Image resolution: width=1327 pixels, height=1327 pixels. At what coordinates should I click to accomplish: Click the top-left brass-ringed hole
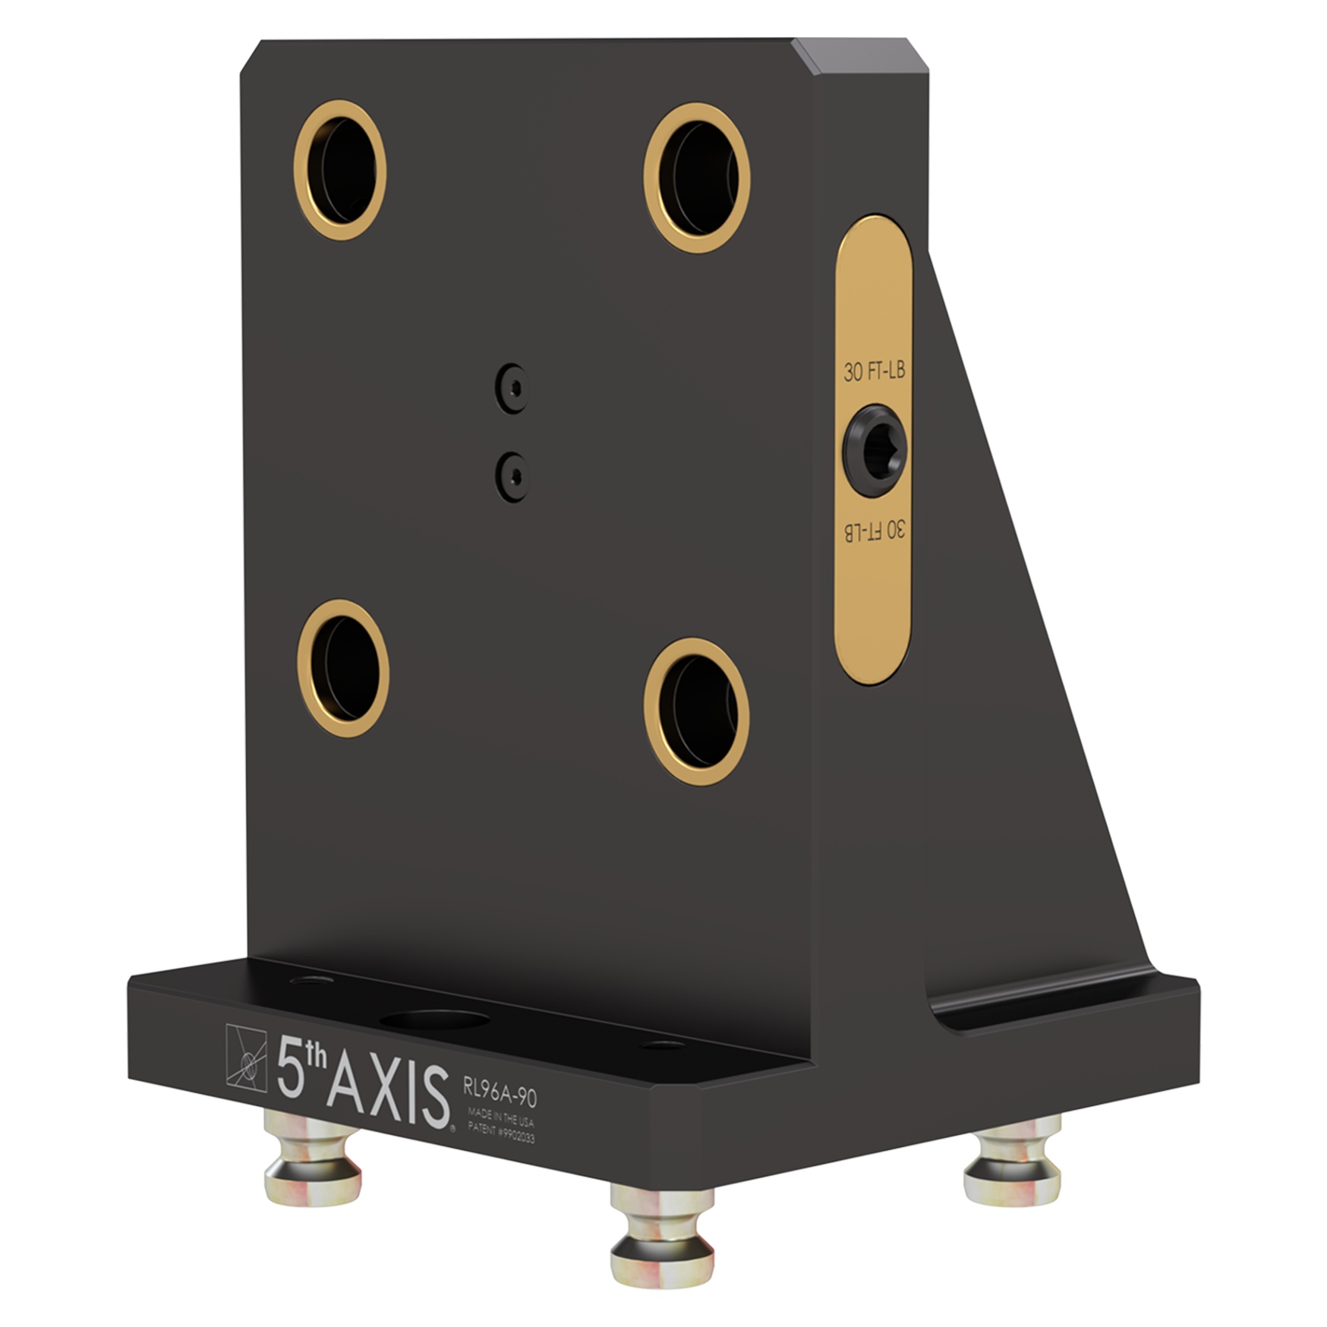[340, 170]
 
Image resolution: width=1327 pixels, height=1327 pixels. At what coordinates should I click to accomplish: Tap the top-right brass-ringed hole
[697, 178]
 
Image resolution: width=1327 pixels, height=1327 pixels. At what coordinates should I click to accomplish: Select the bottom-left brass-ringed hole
[343, 668]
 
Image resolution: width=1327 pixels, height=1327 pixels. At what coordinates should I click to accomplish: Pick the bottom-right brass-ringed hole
[697, 711]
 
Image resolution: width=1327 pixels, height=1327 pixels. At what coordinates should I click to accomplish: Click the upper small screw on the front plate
[513, 388]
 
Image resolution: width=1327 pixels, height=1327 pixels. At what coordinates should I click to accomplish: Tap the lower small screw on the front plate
[513, 476]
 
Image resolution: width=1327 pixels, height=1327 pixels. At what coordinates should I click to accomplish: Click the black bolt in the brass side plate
[875, 450]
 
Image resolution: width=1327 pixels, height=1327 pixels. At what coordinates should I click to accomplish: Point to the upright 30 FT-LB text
[874, 372]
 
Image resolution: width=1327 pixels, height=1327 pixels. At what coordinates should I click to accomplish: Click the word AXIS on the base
[387, 1094]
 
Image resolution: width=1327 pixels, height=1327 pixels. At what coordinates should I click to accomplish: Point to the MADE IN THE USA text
[500, 1117]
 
